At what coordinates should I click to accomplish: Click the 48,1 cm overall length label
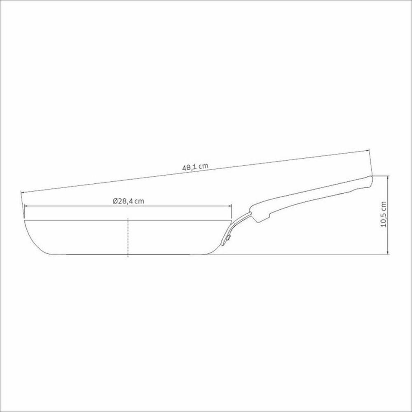194,167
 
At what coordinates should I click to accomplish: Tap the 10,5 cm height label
384,214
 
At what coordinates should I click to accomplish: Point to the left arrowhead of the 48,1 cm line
23,192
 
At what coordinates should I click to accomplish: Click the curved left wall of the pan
30,239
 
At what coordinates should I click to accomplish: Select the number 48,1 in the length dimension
189,167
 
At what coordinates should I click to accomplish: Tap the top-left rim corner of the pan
25,221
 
